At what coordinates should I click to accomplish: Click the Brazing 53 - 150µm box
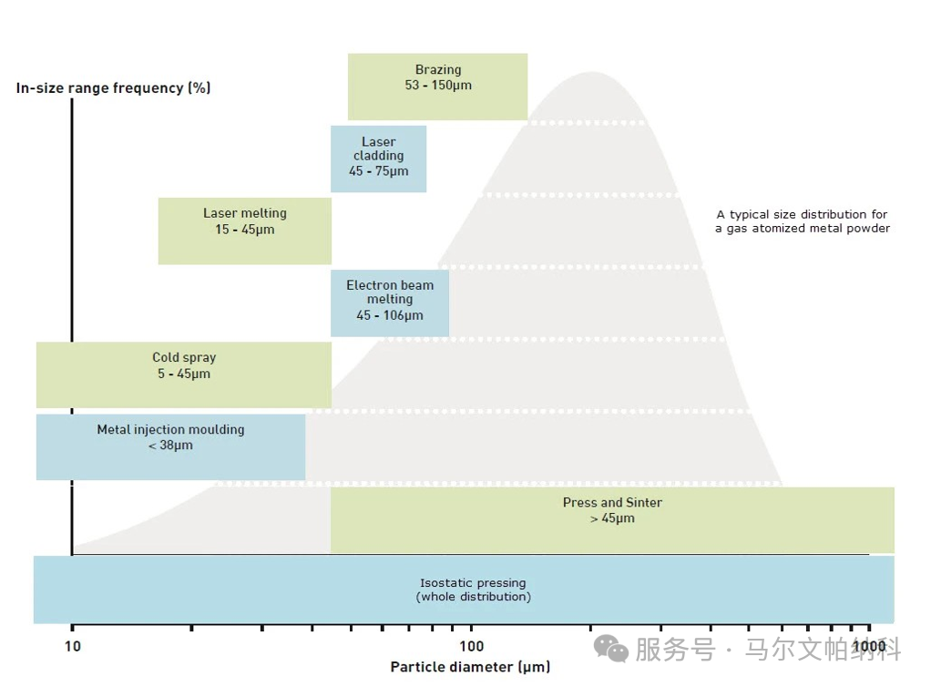coord(437,87)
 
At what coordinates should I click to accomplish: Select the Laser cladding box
coord(378,159)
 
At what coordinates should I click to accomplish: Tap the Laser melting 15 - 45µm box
coord(244,231)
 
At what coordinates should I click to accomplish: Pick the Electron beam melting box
coord(389,303)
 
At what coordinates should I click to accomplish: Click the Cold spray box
coord(183,374)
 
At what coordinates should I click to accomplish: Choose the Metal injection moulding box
coord(170,446)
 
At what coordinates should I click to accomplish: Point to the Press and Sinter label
coord(612,503)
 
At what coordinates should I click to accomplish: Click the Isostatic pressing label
coord(473,583)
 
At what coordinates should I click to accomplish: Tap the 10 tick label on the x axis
coord(72,647)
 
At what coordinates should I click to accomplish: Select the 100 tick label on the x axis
coord(471,647)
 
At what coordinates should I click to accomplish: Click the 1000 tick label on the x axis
coord(869,647)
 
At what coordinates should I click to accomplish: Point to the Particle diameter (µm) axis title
coord(470,668)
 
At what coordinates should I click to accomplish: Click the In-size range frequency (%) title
coord(114,88)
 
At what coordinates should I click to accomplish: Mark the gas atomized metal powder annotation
coord(802,221)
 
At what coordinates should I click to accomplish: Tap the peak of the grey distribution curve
coord(592,73)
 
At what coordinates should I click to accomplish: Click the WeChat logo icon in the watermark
coord(611,648)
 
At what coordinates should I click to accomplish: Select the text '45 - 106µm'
coord(390,315)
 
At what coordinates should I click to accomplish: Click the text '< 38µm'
coord(170,446)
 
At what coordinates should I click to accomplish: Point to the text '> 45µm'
coord(612,518)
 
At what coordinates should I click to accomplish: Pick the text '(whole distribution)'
coord(473,597)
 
